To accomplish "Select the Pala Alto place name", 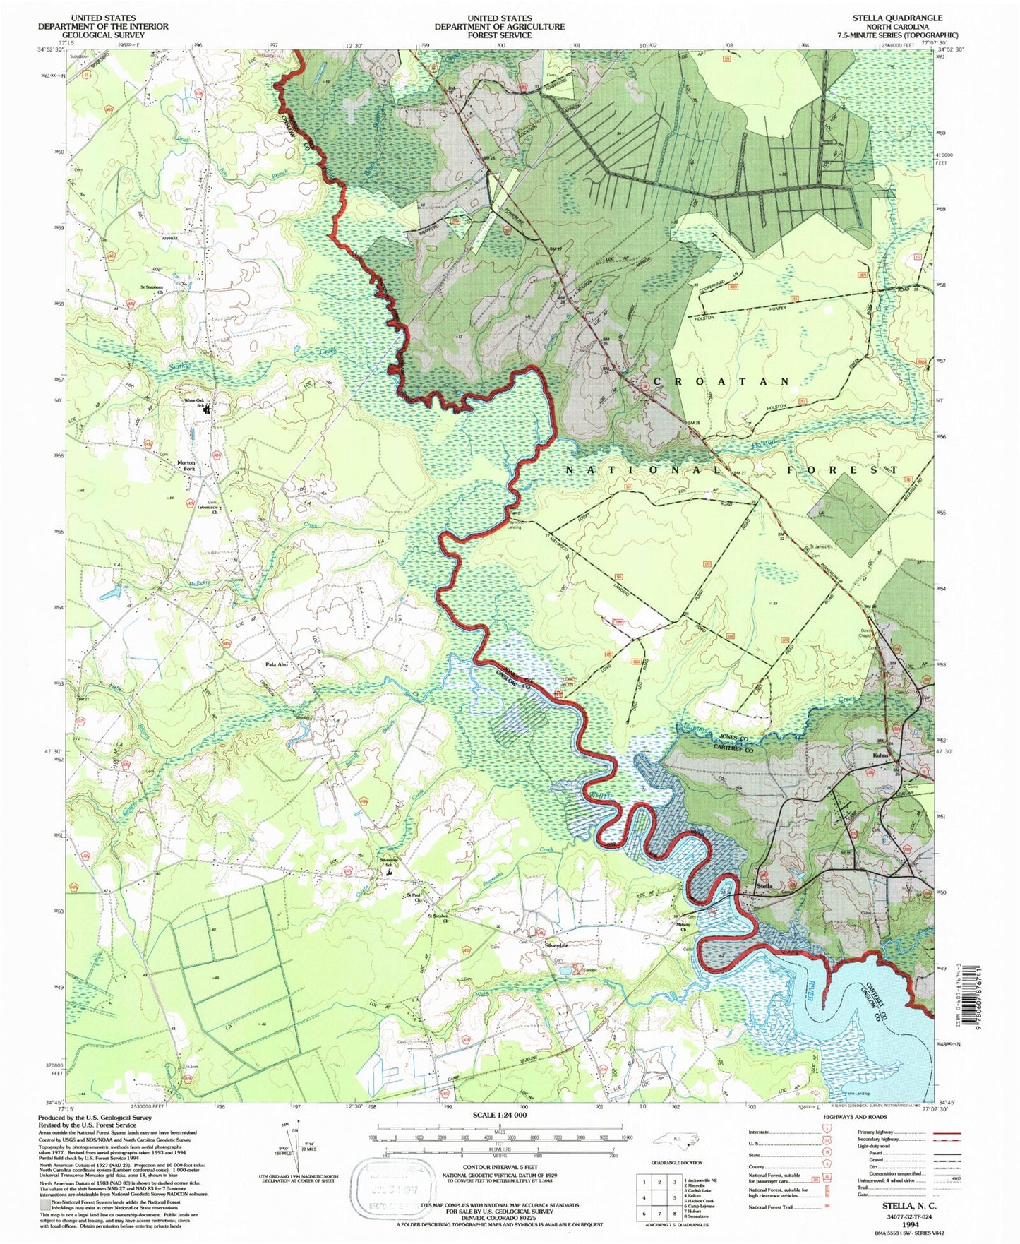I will tap(276, 665).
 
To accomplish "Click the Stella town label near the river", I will tap(764, 885).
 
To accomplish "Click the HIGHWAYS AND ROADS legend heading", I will tap(856, 1117).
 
